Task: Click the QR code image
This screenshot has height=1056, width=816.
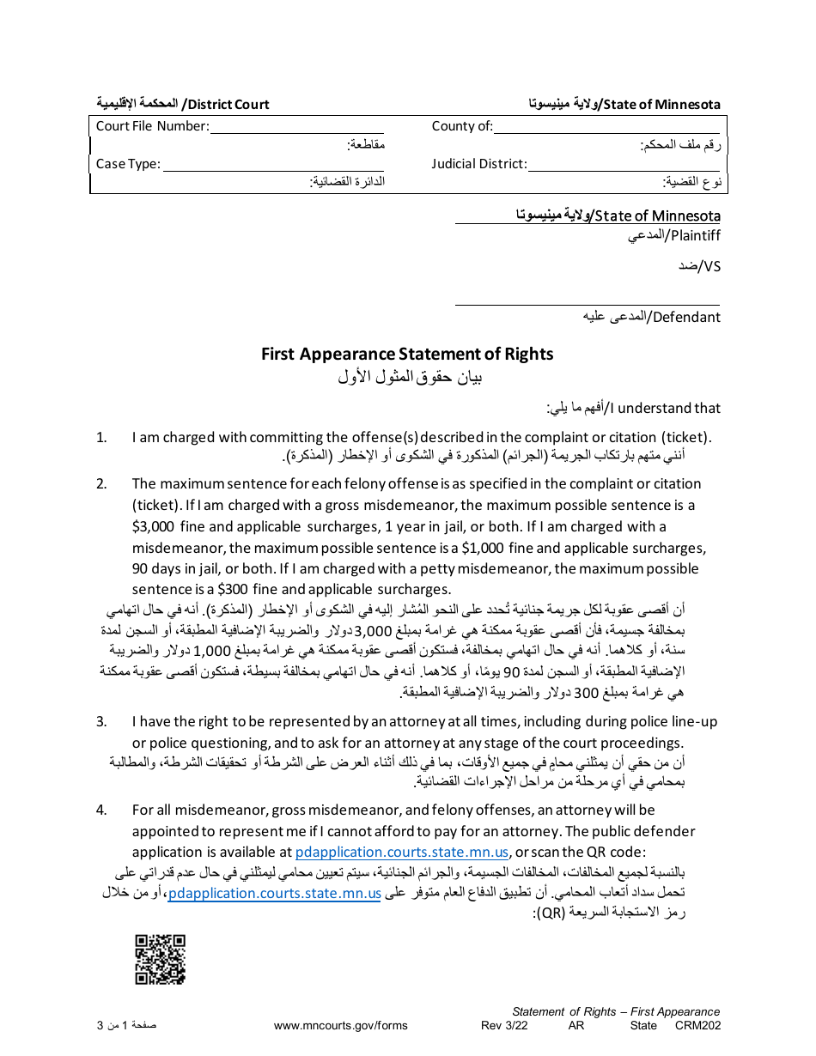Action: pyautogui.click(x=161, y=959)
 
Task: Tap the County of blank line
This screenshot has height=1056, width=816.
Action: pyautogui.click(x=607, y=128)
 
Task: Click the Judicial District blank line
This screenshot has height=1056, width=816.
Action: pyautogui.click(x=624, y=165)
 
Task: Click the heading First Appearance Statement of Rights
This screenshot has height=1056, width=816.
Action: pyautogui.click(x=407, y=354)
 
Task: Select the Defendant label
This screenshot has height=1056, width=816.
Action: pyautogui.click(x=686, y=317)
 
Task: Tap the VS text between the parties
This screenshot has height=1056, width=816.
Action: pyautogui.click(x=712, y=266)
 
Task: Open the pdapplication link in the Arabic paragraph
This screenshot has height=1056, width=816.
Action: pyautogui.click(x=275, y=893)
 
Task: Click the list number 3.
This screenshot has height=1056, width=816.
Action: pyautogui.click(x=101, y=721)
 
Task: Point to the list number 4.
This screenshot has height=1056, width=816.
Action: pyautogui.click(x=101, y=810)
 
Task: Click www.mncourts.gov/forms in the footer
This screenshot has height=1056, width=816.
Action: pyautogui.click(x=340, y=1025)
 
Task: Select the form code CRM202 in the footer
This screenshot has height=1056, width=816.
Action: pyautogui.click(x=697, y=1025)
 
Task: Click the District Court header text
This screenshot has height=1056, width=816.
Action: pyautogui.click(x=228, y=105)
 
